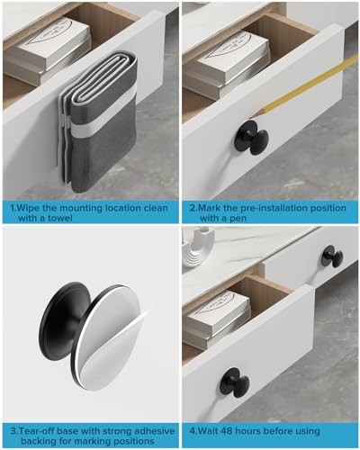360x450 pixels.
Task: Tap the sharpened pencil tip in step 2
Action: click(x=251, y=115)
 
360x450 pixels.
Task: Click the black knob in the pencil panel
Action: click(x=252, y=138)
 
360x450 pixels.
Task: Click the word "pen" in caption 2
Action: click(x=238, y=219)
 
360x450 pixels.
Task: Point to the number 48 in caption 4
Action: click(x=227, y=431)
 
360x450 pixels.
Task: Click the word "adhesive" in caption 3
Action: click(x=154, y=431)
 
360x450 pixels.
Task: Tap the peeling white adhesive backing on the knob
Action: click(x=108, y=337)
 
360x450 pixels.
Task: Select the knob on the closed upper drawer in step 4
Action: click(x=332, y=256)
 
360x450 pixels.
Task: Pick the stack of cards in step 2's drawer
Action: click(x=227, y=65)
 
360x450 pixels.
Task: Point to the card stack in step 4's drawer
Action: click(x=217, y=318)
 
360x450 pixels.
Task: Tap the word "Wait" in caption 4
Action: click(x=208, y=431)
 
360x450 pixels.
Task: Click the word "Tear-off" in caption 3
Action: click(x=37, y=431)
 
